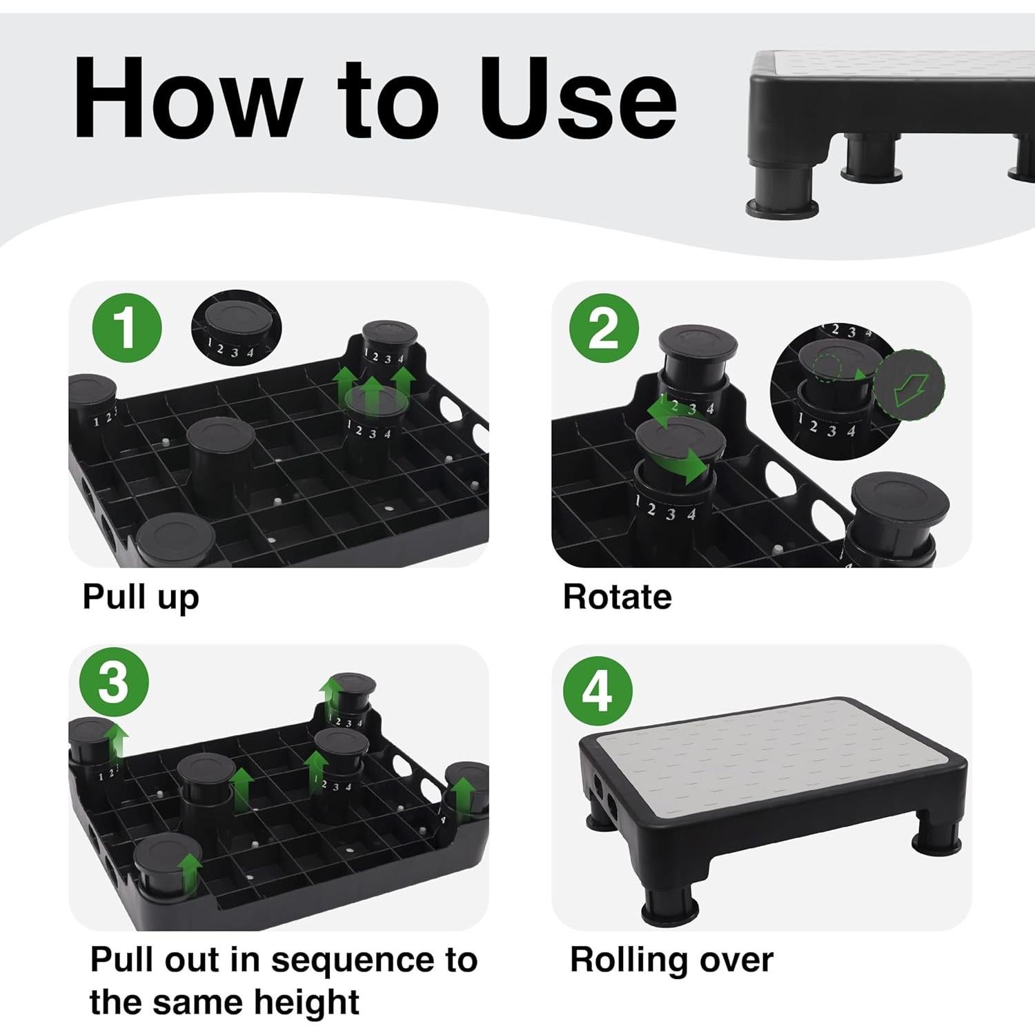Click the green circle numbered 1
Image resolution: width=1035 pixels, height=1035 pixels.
tap(127, 328)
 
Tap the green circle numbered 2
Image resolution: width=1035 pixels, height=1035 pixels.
tap(604, 328)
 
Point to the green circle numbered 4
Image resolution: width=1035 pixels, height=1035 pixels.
tap(598, 691)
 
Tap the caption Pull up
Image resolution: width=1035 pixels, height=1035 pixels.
tap(141, 598)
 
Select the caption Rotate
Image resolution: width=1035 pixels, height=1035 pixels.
tap(617, 597)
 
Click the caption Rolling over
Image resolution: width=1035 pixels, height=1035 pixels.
tap(671, 960)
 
